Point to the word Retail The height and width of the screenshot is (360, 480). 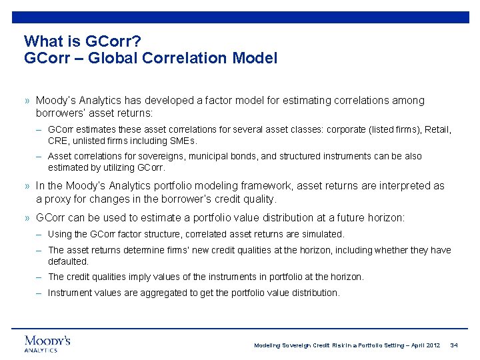437,129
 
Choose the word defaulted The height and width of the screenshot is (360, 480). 68,261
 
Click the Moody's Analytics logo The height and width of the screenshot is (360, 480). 47,343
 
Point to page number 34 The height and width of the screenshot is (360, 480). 454,345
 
